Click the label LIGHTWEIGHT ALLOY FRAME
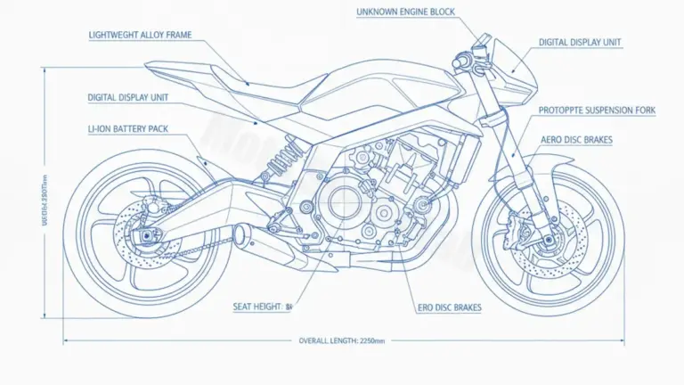pos(141,36)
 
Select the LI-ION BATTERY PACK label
pos(127,129)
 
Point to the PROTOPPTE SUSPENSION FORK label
pos(597,111)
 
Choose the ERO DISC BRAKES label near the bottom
pos(449,307)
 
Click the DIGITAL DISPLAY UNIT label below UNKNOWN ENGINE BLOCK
pos(580,42)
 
